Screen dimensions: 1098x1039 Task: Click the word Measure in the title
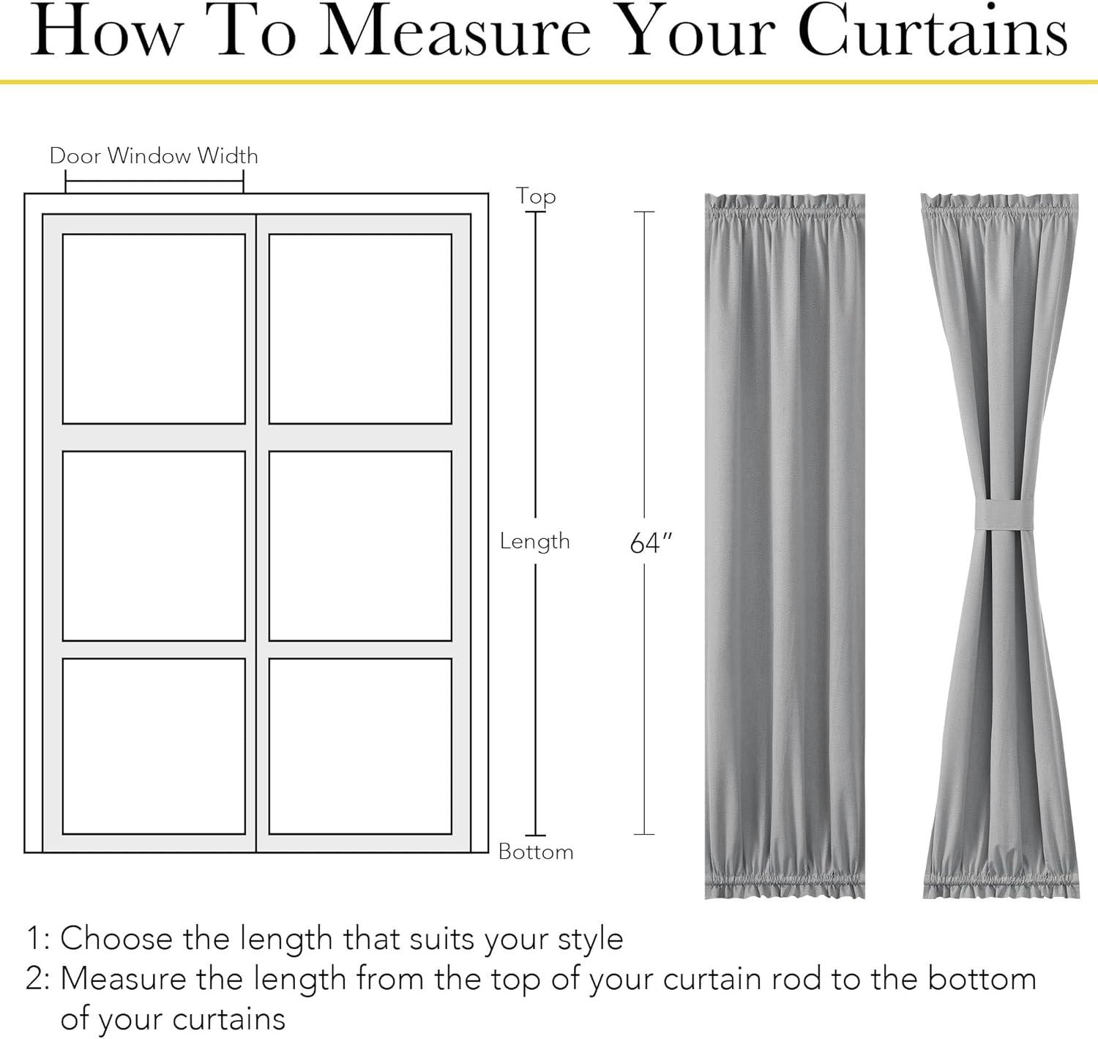455,31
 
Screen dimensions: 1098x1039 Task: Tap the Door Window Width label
154,156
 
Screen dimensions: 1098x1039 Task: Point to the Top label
536,197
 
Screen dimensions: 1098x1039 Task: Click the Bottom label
536,852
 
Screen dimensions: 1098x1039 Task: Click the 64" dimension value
651,543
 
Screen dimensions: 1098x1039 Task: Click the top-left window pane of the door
154,329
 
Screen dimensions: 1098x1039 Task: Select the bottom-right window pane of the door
360,746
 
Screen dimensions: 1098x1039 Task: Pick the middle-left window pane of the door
154,545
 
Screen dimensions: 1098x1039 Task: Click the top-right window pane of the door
360,329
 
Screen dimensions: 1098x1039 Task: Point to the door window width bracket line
154,181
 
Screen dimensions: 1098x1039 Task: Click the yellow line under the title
549,82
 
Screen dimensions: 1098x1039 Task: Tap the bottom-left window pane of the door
154,746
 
